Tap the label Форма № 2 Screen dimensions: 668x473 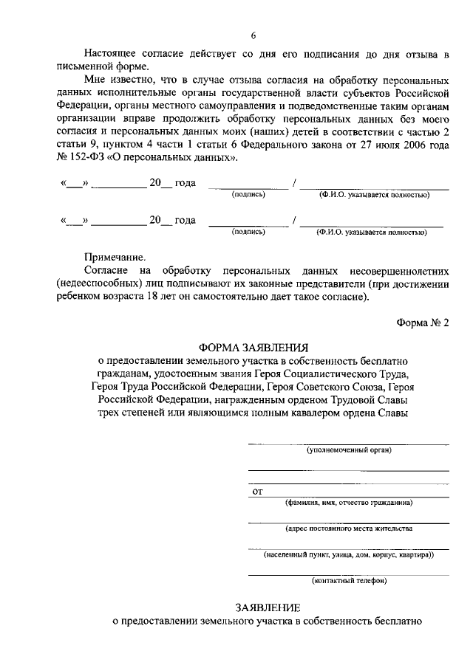point(423,323)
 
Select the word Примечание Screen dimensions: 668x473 point(115,258)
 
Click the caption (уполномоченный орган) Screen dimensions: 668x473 point(349,450)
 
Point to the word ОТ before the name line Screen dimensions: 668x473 point(258,490)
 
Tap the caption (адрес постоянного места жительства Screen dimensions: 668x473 point(349,528)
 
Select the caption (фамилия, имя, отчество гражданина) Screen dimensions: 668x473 point(349,502)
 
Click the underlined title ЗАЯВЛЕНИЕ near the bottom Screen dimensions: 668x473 point(268,607)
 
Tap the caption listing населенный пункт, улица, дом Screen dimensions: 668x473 point(349,554)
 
